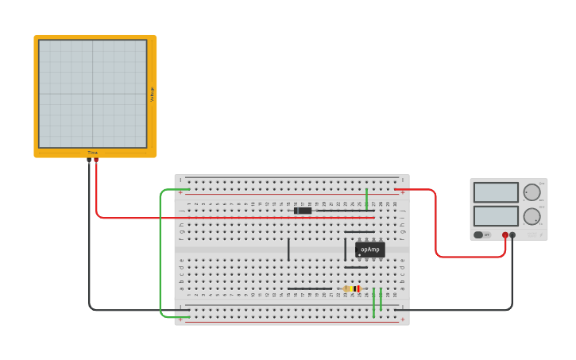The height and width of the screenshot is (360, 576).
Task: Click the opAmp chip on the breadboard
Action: [x=369, y=250]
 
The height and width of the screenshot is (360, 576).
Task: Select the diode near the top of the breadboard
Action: [x=303, y=211]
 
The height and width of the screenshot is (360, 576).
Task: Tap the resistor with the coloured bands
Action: [x=352, y=288]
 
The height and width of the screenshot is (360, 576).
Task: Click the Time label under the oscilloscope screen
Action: [x=93, y=153]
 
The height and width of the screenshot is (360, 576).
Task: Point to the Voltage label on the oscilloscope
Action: [x=153, y=94]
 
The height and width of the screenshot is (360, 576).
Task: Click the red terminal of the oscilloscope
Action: [x=96, y=160]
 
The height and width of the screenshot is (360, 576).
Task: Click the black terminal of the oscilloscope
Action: [x=89, y=160]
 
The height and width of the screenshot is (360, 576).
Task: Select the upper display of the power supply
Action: [x=496, y=192]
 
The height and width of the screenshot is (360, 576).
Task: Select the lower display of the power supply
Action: [x=496, y=216]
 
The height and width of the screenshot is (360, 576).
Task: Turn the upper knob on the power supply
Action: [x=532, y=192]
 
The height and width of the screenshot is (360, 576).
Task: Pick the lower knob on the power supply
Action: [x=532, y=216]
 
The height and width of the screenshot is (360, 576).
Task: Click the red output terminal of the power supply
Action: [x=505, y=235]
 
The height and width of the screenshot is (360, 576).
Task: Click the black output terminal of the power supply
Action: [x=512, y=235]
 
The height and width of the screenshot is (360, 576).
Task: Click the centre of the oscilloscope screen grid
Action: [x=93, y=94]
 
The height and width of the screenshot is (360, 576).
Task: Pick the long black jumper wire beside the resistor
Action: [x=310, y=288]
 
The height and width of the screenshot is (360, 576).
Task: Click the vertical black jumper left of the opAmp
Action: [x=288, y=250]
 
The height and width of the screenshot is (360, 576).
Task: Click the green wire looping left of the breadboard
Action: [x=160, y=254]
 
